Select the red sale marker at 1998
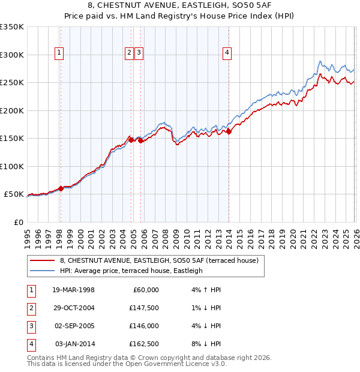[61, 188]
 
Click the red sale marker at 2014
[229, 131]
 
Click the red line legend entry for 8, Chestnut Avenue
[159, 260]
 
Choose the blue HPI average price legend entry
[131, 271]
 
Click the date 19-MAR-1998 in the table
[73, 290]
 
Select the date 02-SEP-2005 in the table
[73, 326]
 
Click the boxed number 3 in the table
[31, 326]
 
